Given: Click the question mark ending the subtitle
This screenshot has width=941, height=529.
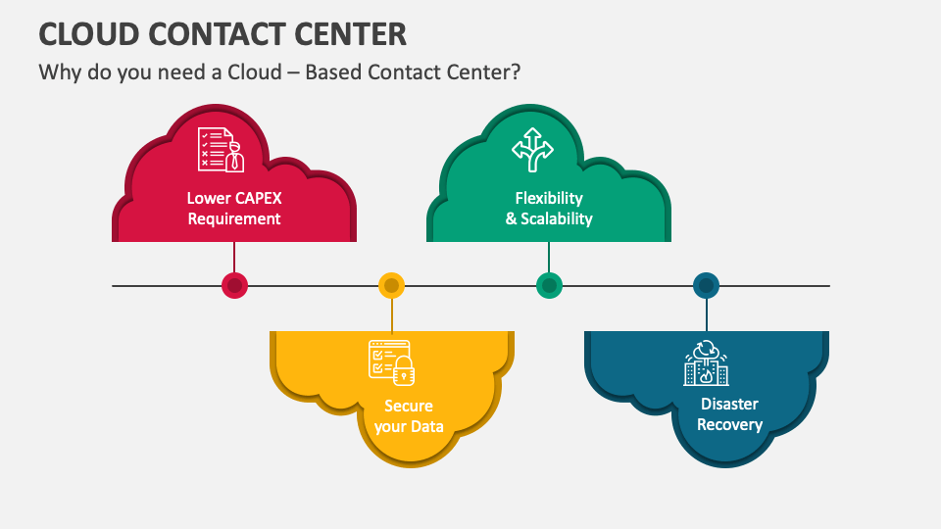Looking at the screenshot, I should (514, 73).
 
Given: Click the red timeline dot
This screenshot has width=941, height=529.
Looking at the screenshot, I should (234, 286).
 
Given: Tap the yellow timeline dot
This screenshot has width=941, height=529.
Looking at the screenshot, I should (391, 286).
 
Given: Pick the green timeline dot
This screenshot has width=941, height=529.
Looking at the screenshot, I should (549, 286).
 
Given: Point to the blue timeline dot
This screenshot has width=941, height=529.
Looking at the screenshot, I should (706, 286).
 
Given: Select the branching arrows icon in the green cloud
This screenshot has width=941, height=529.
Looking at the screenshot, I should (532, 149).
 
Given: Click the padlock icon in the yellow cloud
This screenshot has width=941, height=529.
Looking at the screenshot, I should (403, 370).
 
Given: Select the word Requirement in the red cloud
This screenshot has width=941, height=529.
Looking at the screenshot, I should (234, 218).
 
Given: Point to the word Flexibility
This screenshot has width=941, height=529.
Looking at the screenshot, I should (549, 198).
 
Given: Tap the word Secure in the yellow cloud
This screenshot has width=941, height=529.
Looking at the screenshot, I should (409, 406).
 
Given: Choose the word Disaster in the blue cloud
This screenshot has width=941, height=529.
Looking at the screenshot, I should (729, 404).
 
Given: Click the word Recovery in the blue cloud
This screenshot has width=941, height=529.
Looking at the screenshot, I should (729, 424).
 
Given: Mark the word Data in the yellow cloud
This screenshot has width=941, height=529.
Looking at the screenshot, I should (426, 426).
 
